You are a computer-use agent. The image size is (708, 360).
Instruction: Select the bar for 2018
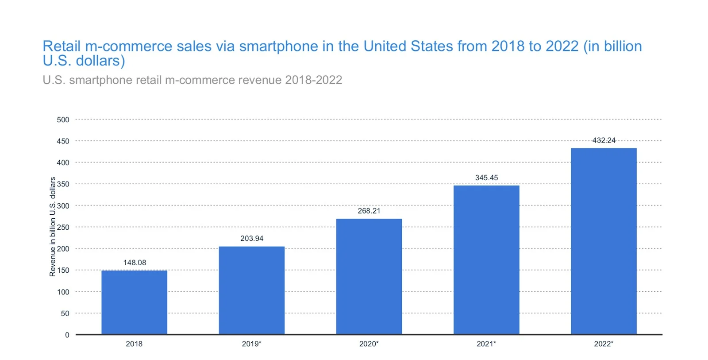tap(134, 302)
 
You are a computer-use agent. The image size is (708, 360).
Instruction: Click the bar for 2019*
tap(251, 290)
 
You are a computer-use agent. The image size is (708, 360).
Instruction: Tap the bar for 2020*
tap(369, 276)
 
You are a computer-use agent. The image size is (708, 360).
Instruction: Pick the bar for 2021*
tap(486, 259)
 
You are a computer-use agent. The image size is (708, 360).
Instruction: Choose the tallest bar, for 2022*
tap(604, 241)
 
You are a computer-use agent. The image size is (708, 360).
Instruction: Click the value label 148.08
tap(135, 263)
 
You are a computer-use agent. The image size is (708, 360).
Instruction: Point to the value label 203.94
tap(252, 238)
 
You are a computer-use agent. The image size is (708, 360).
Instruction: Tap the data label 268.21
tap(369, 211)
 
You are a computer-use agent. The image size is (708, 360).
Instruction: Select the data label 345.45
tap(486, 178)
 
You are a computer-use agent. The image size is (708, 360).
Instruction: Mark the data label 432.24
tap(604, 140)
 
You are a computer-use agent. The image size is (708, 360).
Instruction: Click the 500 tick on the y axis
tap(63, 120)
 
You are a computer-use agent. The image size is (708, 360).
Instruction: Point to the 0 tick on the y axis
tap(67, 335)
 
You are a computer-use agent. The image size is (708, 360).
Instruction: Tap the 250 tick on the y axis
tap(63, 227)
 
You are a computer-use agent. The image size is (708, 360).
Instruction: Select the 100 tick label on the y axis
tap(63, 292)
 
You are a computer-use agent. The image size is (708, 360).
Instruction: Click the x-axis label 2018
tap(134, 344)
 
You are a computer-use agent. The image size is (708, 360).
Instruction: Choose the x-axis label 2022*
tap(604, 344)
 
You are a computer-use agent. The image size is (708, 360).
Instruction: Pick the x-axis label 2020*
tap(369, 344)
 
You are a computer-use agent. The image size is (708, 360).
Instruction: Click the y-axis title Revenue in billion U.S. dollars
tap(53, 227)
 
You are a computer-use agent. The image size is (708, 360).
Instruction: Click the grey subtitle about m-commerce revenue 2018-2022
tap(192, 80)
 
